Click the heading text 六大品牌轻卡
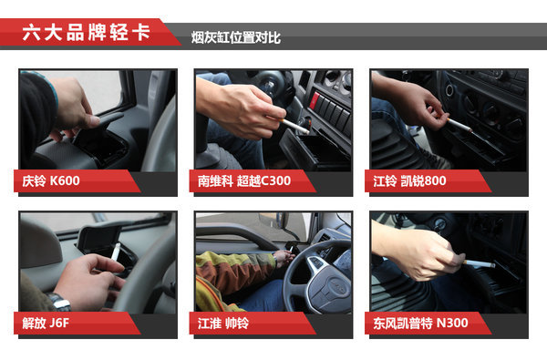click(x=87, y=33)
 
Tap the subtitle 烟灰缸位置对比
click(x=235, y=37)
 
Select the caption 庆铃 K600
click(x=51, y=180)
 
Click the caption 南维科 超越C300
click(x=244, y=180)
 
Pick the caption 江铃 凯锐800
click(x=409, y=180)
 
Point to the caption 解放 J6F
click(x=46, y=323)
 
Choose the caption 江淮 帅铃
click(x=223, y=323)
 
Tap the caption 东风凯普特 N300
click(x=420, y=323)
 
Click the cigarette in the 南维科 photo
click(x=294, y=126)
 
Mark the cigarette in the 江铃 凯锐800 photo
click(x=459, y=125)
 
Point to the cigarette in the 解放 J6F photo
click(x=116, y=252)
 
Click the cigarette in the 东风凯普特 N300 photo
click(x=480, y=263)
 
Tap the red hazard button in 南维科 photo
click(x=315, y=100)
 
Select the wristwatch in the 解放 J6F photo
click(x=58, y=302)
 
